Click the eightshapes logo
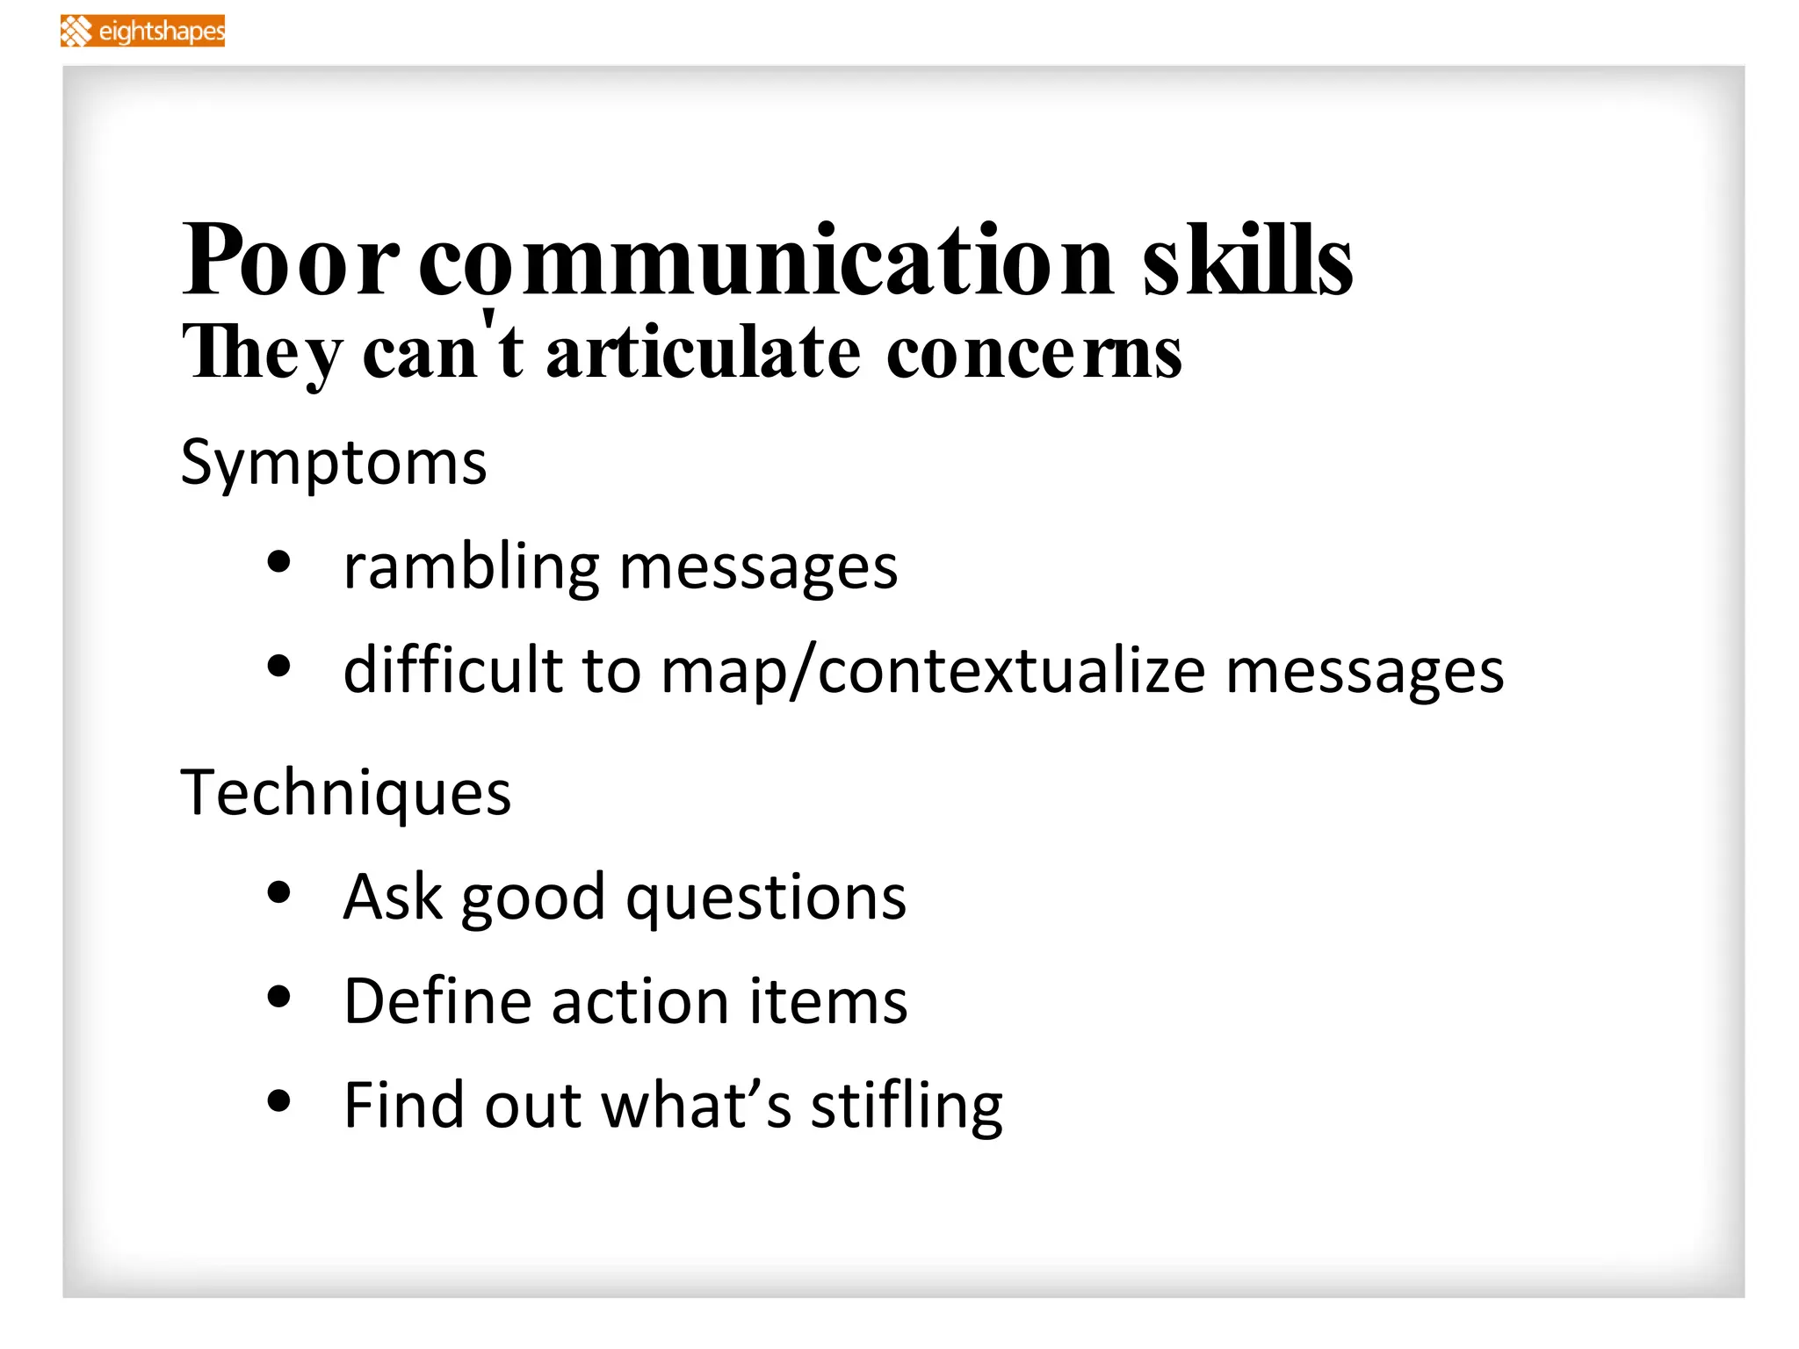142,31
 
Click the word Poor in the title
290,261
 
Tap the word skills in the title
1247,261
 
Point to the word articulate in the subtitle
704,353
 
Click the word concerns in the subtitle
1034,353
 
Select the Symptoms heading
333,463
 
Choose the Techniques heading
345,792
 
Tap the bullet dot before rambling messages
278,562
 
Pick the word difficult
452,671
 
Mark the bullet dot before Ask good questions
278,892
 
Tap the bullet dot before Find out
278,1100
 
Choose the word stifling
906,1107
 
